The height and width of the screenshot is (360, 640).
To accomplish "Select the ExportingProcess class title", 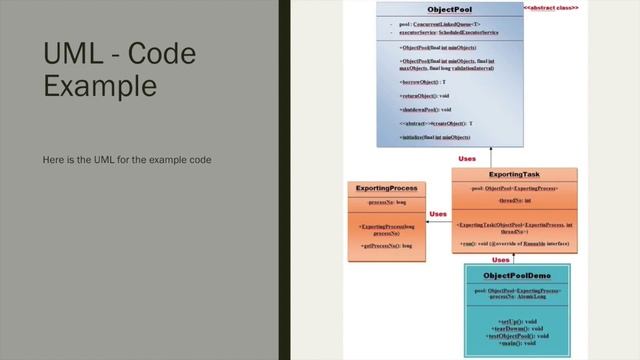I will click(x=386, y=188).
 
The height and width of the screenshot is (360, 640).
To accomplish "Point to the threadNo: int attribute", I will click(x=513, y=197).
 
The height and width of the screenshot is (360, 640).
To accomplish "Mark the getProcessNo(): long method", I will click(x=386, y=246).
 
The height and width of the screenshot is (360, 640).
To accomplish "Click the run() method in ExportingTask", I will click(x=505, y=245).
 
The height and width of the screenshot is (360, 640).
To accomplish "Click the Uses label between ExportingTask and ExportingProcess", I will click(x=438, y=214).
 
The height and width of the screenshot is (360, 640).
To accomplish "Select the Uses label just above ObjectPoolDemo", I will click(x=502, y=259).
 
